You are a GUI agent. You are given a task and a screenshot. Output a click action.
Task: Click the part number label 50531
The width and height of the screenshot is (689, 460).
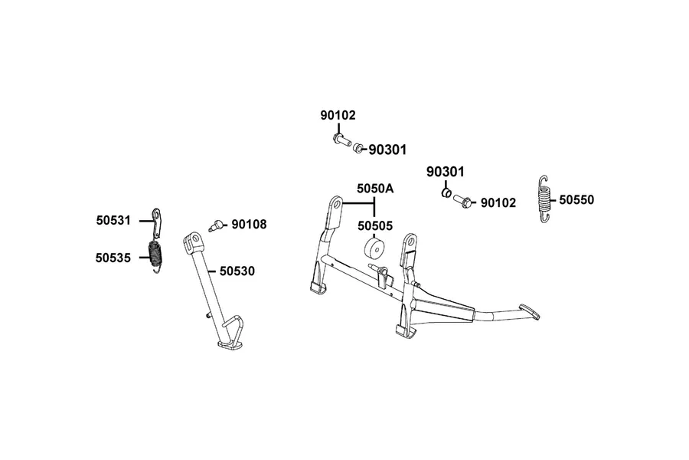(x=113, y=220)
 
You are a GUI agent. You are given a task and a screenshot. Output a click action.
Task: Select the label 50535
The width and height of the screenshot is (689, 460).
(x=113, y=258)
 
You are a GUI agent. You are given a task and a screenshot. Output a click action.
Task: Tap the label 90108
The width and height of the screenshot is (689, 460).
(x=249, y=225)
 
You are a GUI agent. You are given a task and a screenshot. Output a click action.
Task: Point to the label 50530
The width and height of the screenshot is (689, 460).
(x=237, y=271)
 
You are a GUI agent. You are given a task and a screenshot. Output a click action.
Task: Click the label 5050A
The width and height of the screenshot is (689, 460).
(x=375, y=189)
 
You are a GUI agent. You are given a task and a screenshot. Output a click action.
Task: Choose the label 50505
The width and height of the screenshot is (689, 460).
(x=375, y=226)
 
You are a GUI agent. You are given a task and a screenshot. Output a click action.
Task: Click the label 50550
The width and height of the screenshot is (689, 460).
(x=576, y=200)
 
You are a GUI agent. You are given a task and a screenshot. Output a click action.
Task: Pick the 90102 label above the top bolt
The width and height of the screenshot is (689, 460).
(x=338, y=115)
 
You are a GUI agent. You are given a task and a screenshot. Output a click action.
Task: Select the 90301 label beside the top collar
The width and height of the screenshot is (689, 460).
(x=387, y=150)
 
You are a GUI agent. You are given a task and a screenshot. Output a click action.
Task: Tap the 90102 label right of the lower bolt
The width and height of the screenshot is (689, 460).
(x=498, y=203)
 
